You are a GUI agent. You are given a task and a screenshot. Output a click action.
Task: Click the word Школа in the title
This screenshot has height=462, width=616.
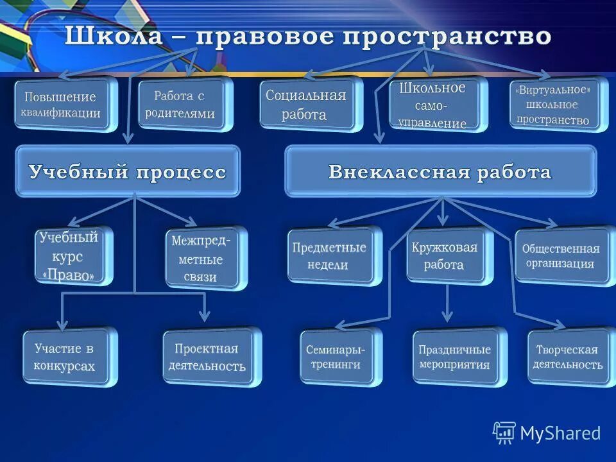(x=114, y=35)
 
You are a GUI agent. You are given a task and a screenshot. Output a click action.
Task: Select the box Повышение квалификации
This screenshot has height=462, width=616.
(x=64, y=105)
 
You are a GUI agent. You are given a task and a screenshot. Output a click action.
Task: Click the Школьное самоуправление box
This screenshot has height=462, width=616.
(x=433, y=105)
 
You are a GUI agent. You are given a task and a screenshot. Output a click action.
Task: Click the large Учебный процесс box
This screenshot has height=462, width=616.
(x=127, y=172)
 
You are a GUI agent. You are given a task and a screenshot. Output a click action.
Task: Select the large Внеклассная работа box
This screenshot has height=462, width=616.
(x=440, y=172)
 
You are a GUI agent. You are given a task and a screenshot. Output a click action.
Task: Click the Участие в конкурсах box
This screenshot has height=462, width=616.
(x=67, y=357)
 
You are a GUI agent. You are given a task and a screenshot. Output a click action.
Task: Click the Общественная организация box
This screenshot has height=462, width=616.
(x=561, y=255)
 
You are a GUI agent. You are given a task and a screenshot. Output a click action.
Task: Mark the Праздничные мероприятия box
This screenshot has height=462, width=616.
(x=456, y=357)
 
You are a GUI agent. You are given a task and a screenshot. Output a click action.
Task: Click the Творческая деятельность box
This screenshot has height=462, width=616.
(x=568, y=357)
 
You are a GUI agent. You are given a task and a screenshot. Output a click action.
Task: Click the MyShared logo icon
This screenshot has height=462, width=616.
(x=504, y=434)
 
